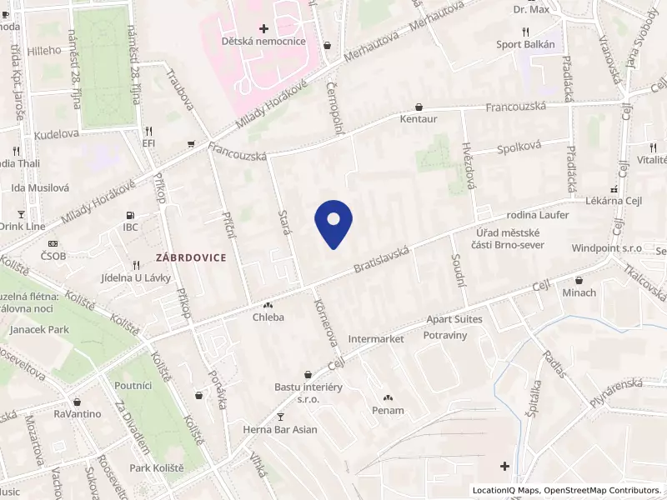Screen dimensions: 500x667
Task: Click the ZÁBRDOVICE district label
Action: (190, 257)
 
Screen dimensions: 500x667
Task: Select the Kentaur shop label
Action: (419, 119)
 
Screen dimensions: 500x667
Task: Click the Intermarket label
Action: (376, 339)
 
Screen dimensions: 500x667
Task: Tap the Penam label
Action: (388, 410)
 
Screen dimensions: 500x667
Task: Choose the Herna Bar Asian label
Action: (280, 429)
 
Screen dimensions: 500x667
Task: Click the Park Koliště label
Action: (157, 467)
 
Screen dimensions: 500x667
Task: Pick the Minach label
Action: (579, 292)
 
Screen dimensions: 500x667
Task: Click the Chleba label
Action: (269, 317)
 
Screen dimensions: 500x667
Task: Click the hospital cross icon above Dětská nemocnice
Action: (263, 28)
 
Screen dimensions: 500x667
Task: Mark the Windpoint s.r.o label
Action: (606, 248)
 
